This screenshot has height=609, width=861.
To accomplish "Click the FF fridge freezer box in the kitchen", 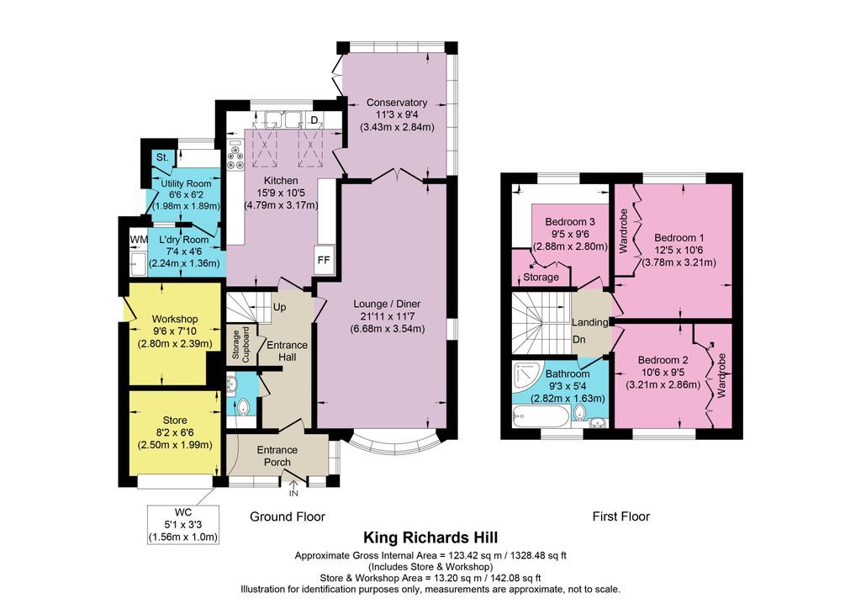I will pyautogui.click(x=323, y=260).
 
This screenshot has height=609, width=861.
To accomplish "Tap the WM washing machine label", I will pyautogui.click(x=138, y=241).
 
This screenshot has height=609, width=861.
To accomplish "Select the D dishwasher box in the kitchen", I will pyautogui.click(x=314, y=120).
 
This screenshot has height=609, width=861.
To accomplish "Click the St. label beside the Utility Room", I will pyautogui.click(x=161, y=157).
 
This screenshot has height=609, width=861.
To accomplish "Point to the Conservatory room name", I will pyautogui.click(x=397, y=103).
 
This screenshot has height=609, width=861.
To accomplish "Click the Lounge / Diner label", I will pyautogui.click(x=388, y=304).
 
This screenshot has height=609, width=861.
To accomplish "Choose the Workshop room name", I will pyautogui.click(x=174, y=319).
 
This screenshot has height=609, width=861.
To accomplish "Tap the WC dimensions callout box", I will pyautogui.click(x=182, y=524).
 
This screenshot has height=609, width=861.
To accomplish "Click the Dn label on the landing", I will pyautogui.click(x=579, y=340).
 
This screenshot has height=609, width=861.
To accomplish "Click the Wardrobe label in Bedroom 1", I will pyautogui.click(x=623, y=231).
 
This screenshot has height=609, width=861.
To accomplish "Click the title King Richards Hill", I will pyautogui.click(x=430, y=537).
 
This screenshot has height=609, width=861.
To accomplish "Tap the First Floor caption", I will pyautogui.click(x=621, y=516).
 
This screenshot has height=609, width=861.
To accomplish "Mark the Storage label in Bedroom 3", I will pyautogui.click(x=541, y=277).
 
